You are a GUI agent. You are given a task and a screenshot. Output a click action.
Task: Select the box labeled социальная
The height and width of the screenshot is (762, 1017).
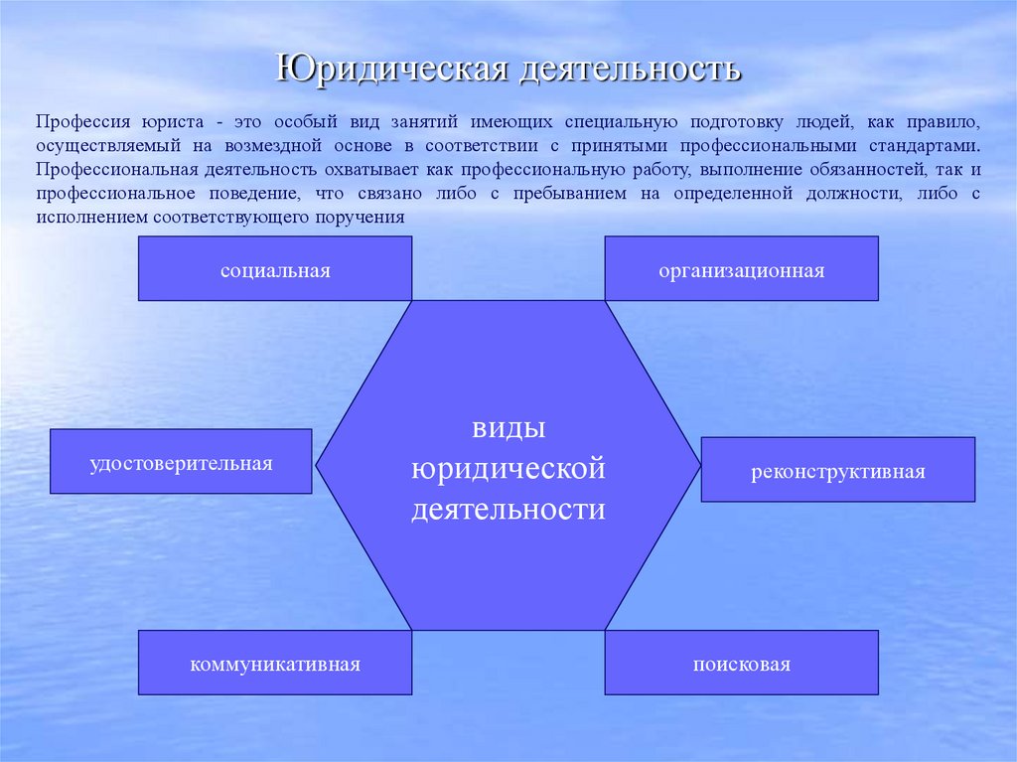[275, 269]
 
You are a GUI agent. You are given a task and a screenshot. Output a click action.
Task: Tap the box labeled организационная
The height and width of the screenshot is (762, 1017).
[741, 269]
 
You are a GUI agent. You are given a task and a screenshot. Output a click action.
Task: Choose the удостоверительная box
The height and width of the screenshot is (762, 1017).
[181, 462]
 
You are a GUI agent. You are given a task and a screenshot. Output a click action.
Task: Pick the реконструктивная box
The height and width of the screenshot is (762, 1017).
[837, 470]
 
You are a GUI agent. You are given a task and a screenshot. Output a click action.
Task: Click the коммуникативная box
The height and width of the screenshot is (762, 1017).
[275, 663]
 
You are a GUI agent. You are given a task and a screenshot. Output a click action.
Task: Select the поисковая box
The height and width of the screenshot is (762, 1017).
[741, 663]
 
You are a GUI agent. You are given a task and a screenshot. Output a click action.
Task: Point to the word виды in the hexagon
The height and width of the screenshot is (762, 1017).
[508, 428]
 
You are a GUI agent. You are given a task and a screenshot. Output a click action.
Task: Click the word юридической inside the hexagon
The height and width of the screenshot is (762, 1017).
[508, 468]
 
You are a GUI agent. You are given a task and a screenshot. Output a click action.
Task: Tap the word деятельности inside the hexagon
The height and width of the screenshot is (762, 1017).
[508, 510]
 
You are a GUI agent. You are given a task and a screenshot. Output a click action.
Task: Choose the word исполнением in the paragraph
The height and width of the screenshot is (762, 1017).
[85, 218]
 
